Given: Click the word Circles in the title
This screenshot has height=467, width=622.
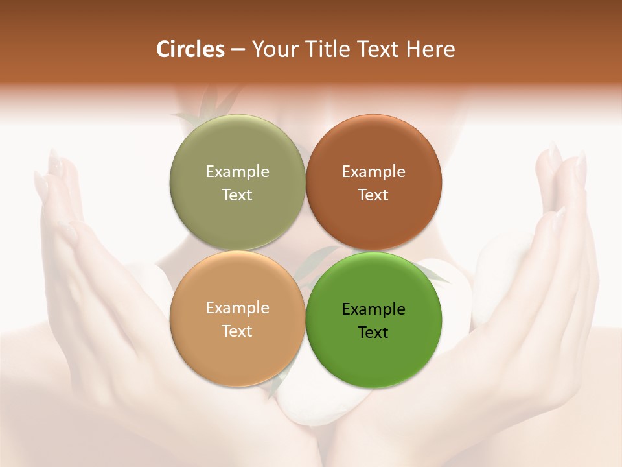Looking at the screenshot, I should (x=190, y=49).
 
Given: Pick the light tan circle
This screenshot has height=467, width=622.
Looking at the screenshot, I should (x=237, y=350).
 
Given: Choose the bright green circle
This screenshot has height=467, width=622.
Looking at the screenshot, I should (x=374, y=353).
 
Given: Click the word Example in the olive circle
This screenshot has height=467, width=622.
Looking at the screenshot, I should (x=237, y=172).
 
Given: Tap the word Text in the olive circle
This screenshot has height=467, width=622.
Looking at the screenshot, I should (x=237, y=195).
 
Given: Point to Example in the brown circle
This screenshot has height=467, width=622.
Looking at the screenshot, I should (x=374, y=172).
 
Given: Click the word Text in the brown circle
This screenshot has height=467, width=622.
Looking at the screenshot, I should (x=374, y=195).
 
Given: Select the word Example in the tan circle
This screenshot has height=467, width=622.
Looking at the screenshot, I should (x=237, y=308).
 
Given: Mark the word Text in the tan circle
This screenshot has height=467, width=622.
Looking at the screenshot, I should (x=237, y=331).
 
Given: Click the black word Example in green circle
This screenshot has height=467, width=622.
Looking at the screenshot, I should (x=374, y=309).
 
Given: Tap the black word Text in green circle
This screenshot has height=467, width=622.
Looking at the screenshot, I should (x=374, y=333).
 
